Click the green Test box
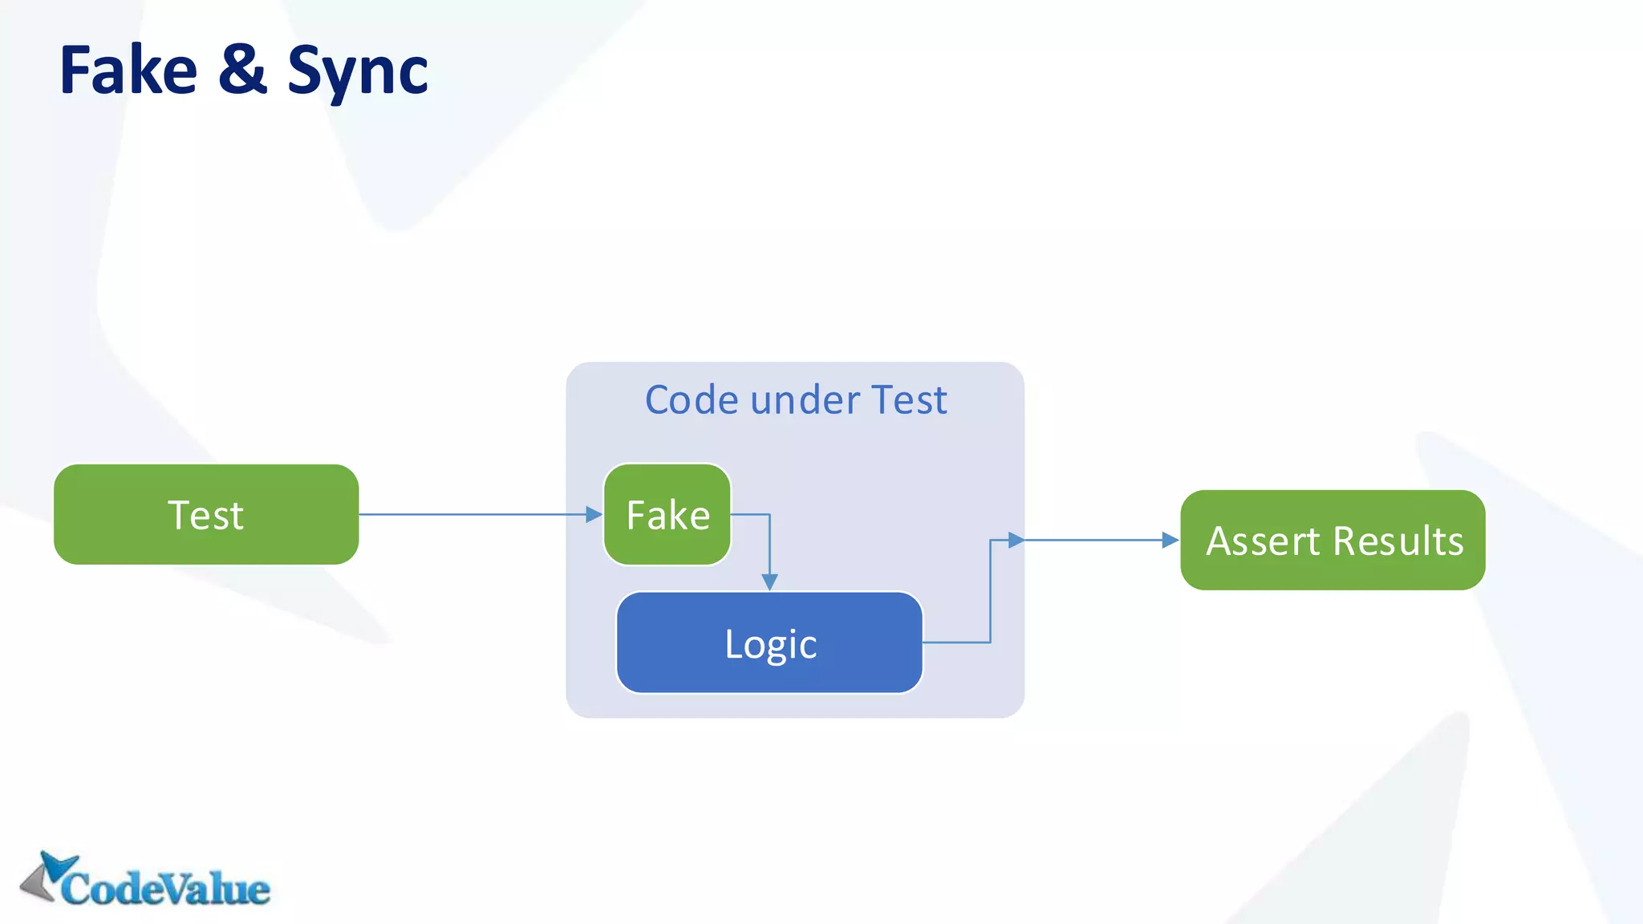pyautogui.click(x=206, y=514)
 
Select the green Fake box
pyautogui.click(x=667, y=514)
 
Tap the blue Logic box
pyautogui.click(x=769, y=643)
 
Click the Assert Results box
pyautogui.click(x=1333, y=540)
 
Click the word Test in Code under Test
pyautogui.click(x=908, y=399)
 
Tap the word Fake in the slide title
pyautogui.click(x=128, y=71)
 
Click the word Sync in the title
pyautogui.click(x=358, y=72)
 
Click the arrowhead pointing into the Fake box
pyautogui.click(x=594, y=514)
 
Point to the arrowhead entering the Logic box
pyautogui.click(x=769, y=582)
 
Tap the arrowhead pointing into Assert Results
pyautogui.click(x=1170, y=540)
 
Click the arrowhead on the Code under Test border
pyautogui.click(x=1016, y=540)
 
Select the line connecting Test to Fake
pyautogui.click(x=473, y=514)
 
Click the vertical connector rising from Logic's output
pyautogui.click(x=991, y=594)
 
